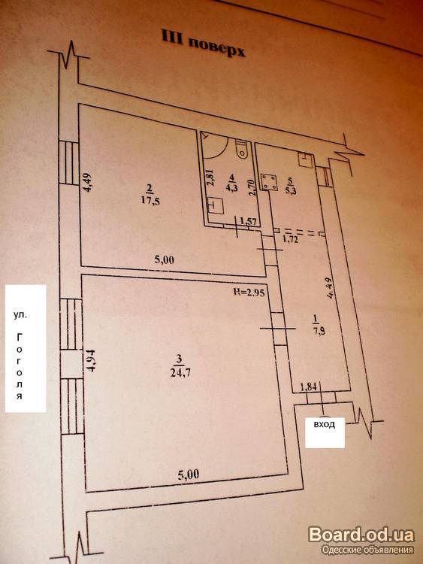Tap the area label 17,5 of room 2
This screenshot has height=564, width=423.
[x=151, y=200]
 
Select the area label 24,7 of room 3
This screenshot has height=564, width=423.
[x=181, y=371]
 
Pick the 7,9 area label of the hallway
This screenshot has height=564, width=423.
[x=319, y=331]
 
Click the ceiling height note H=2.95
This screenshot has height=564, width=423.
[x=249, y=293]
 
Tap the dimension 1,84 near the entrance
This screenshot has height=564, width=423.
[x=308, y=387]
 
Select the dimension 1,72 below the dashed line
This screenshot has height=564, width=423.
[x=291, y=238]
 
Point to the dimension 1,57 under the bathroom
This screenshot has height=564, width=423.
[x=249, y=222]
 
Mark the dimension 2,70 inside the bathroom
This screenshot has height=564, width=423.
[x=252, y=187]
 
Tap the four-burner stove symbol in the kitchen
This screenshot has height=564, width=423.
[x=269, y=182]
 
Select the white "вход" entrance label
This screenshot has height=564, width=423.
[x=325, y=432]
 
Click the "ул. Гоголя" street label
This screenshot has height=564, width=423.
[x=26, y=348]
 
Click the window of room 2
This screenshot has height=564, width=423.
[x=68, y=163]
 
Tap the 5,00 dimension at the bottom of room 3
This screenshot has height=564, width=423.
[x=189, y=475]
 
